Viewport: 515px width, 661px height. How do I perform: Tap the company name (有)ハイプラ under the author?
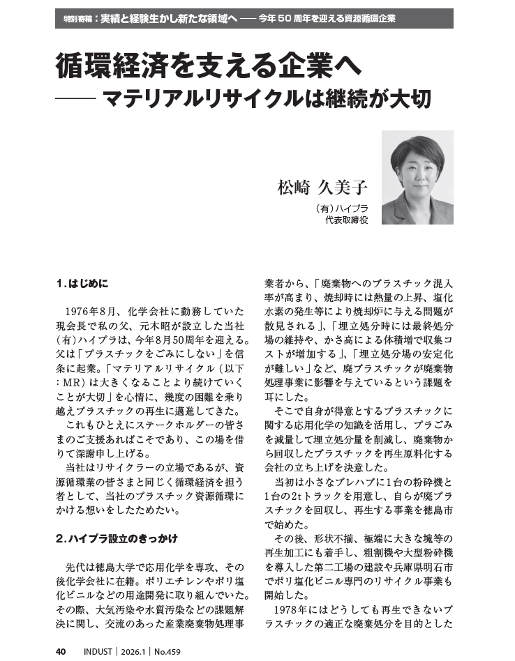(x=341, y=208)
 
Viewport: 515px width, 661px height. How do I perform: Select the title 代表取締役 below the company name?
(x=346, y=220)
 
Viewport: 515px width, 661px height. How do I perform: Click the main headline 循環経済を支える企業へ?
(x=209, y=68)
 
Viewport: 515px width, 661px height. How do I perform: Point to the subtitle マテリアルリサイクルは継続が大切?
(x=267, y=99)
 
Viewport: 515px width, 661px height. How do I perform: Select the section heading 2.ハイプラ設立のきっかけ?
(x=116, y=538)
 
